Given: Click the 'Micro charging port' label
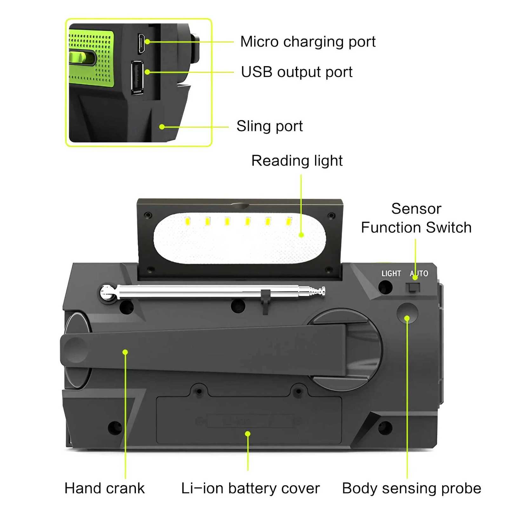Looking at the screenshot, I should pos(307,42).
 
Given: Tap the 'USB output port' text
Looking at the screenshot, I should pos(296,72).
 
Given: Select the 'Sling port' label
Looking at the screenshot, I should pos(269,126).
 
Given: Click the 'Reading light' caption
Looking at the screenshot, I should pos(297,161).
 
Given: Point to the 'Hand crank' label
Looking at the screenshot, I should pos(104,488).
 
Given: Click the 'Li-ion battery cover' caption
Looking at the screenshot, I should pos(250,488).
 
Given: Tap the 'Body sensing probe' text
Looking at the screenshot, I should pos(411,488).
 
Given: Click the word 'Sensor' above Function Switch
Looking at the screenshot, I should pos(416,209).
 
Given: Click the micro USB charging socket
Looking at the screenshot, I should pos(141,43).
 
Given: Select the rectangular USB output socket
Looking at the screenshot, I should pos(137,77).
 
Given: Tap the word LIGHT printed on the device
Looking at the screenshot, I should pos(391,273).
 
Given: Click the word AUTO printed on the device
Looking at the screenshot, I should pos(419,273).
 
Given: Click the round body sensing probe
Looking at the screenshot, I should pos(407,313).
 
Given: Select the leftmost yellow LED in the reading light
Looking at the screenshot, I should pos(187,221).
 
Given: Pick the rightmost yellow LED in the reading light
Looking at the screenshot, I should pos(289,221).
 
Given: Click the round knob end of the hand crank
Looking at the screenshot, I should pos(76,350).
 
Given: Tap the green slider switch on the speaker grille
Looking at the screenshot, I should pos(82,57).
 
